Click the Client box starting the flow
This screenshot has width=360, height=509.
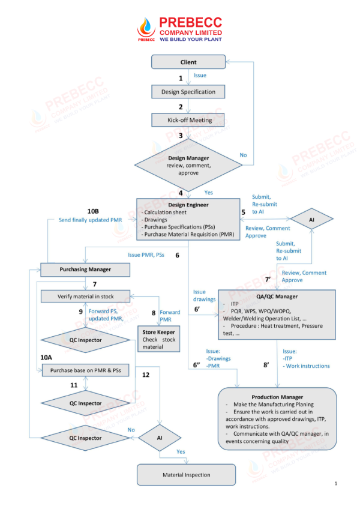[188, 62]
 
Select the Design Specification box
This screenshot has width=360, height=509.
[188, 92]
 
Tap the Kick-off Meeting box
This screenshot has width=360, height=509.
[188, 120]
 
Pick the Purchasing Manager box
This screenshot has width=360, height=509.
[85, 270]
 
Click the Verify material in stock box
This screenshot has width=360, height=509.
[85, 296]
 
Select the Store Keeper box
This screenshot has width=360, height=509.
[159, 338]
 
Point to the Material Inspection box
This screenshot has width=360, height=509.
[187, 475]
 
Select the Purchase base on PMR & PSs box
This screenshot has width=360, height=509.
[85, 371]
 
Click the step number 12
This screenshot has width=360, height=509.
[146, 375]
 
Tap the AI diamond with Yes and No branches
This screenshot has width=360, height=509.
[160, 438]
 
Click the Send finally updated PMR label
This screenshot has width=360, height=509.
[90, 220]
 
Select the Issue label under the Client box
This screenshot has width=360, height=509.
[200, 76]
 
